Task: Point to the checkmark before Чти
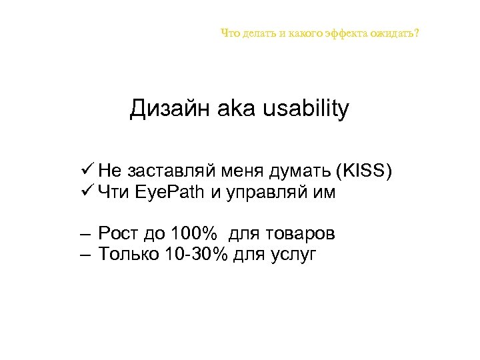(x=84, y=193)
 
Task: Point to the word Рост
(x=119, y=234)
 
